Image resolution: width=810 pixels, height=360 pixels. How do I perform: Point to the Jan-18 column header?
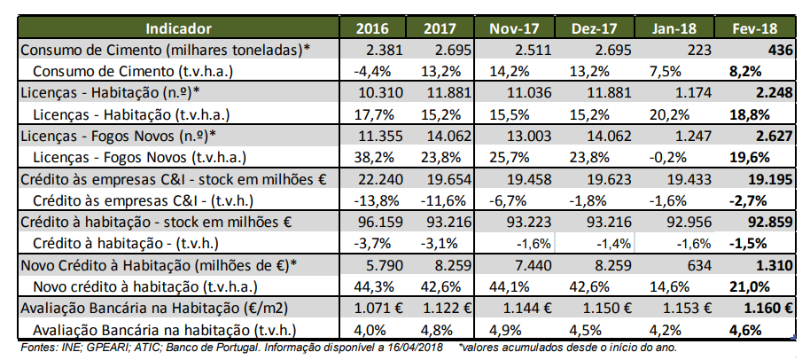click(x=676, y=28)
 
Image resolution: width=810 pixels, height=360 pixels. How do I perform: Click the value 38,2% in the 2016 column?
click(x=370, y=158)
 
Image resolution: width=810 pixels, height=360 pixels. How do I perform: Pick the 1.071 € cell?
click(x=378, y=308)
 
